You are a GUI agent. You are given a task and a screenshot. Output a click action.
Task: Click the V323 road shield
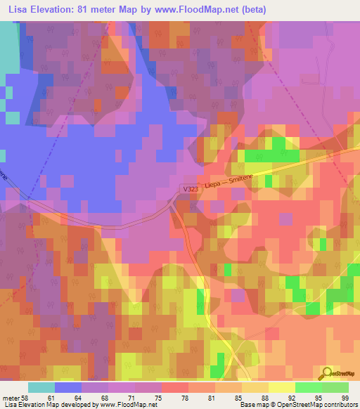[x=191, y=189]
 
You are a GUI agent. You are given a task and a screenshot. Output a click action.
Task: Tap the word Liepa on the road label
[x=214, y=185]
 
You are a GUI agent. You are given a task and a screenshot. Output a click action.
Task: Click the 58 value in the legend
[x=25, y=398]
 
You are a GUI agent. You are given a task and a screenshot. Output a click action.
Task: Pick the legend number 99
[x=345, y=398]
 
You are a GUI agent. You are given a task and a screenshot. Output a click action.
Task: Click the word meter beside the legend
[x=11, y=398]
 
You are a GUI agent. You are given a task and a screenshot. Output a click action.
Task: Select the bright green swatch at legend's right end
[x=335, y=387]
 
